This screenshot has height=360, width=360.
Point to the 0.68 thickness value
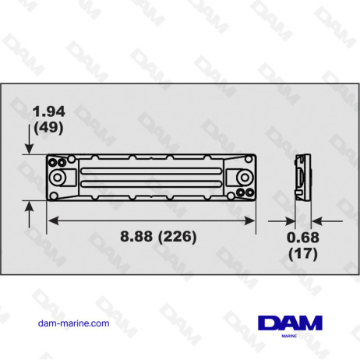302,238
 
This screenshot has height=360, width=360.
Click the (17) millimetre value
302,252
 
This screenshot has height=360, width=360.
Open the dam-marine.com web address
73,323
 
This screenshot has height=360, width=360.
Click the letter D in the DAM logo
269,323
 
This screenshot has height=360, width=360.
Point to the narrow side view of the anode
300,177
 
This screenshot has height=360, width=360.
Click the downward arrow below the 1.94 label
30,145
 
